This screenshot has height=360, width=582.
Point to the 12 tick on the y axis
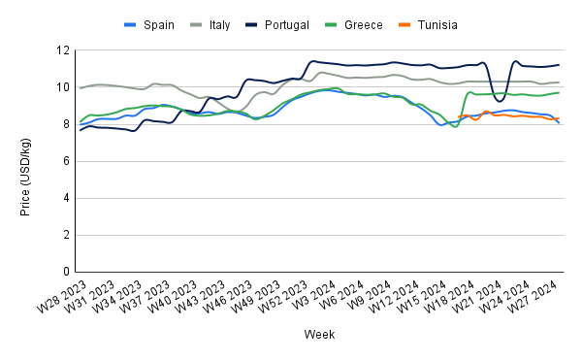pyautogui.click(x=64, y=50)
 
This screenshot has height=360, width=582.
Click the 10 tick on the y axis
pyautogui.click(x=64, y=87)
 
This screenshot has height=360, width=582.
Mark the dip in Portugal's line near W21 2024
pyautogui.click(x=500, y=101)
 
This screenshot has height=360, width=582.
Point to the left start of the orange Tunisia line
pyautogui.click(x=459, y=116)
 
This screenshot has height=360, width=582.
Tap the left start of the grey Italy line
pyautogui.click(x=80, y=87)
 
